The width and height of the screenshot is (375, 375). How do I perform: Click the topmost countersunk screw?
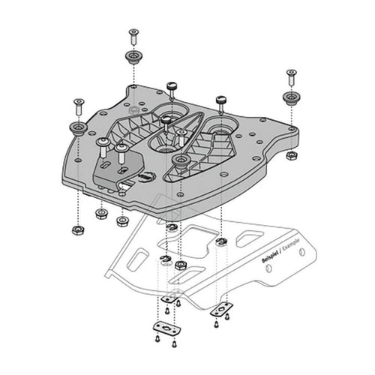pyautogui.click(x=133, y=33)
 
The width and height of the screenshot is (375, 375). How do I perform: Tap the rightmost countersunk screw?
pyautogui.click(x=289, y=75)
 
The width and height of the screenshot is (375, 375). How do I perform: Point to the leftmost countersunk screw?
pyautogui.click(x=77, y=102)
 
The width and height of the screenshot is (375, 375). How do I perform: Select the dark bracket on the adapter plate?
pyautogui.click(x=120, y=171)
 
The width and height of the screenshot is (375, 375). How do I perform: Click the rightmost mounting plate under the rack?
pyautogui.click(x=223, y=308)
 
